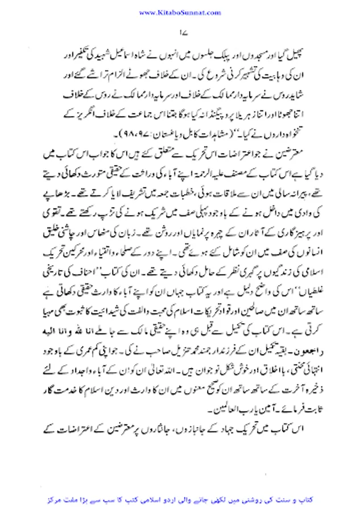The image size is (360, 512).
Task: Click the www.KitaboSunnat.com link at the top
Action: (x=179, y=11)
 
